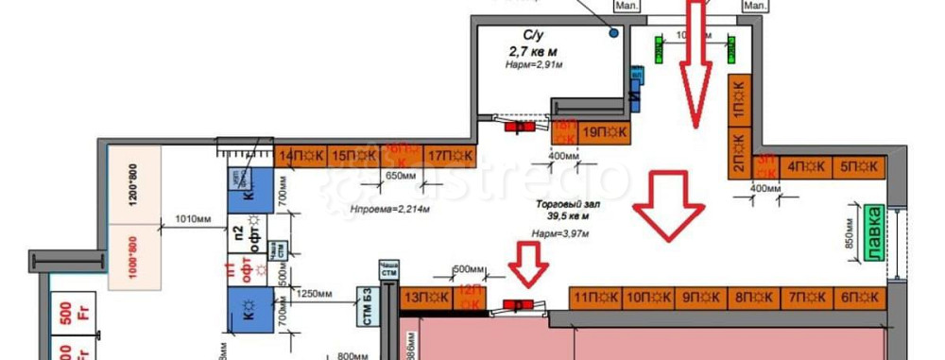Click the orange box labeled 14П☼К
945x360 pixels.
[x=301, y=155]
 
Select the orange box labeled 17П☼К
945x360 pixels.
[x=450, y=155]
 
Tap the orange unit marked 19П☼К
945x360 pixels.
[x=604, y=132]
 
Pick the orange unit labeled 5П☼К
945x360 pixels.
[x=858, y=167]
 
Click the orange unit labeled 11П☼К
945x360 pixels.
[x=596, y=298]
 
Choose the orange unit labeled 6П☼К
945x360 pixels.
[x=858, y=298]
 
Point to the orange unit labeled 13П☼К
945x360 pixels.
[x=426, y=298]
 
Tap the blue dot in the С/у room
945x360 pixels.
[x=614, y=33]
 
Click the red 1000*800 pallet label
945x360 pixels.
[x=132, y=254]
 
